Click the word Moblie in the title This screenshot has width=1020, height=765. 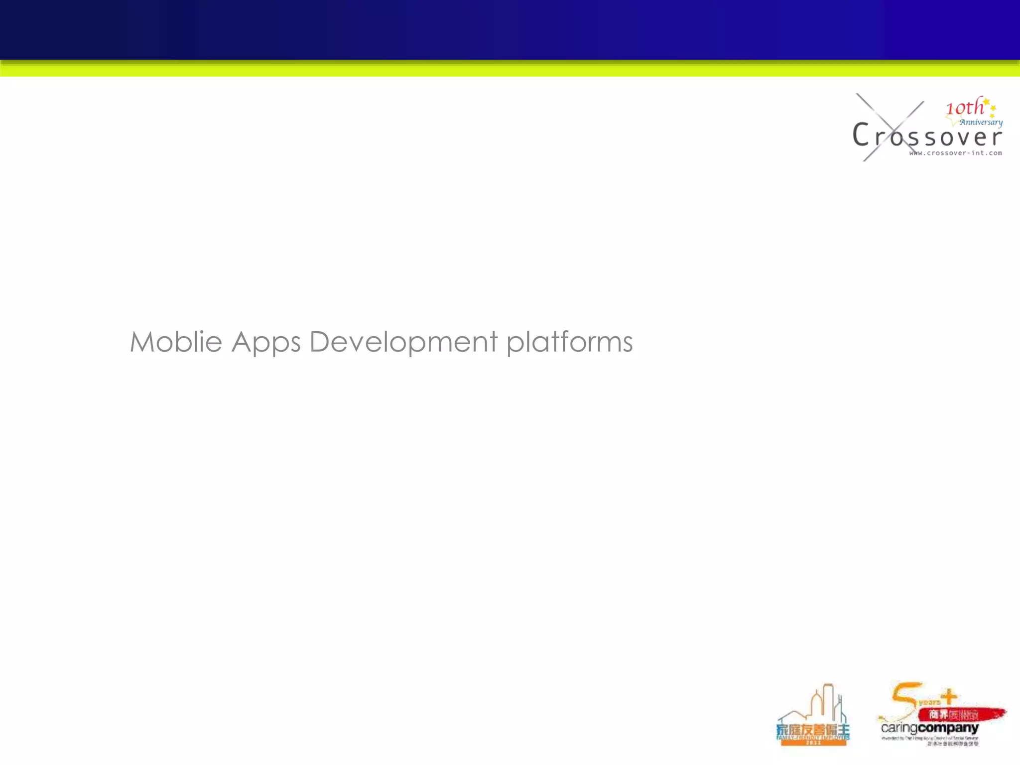tap(176, 342)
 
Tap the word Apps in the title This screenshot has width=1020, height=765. tap(266, 343)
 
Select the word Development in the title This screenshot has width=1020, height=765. tap(403, 343)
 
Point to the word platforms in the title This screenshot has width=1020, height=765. tap(569, 342)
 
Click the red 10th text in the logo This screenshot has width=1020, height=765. tap(964, 107)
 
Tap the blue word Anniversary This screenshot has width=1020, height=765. tap(981, 122)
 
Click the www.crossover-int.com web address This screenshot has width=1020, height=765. tap(955, 153)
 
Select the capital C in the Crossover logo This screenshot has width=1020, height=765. tap(861, 134)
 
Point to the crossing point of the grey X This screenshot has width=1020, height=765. tap(891, 128)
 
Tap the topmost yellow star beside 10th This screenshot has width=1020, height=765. tap(986, 102)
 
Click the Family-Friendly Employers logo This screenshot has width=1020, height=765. tap(813, 717)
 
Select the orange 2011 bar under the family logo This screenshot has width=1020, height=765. tap(813, 742)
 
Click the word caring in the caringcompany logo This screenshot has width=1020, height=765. tap(899, 729)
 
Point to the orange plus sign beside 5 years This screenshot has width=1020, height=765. tap(949, 696)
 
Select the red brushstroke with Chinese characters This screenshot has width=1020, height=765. tap(961, 715)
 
